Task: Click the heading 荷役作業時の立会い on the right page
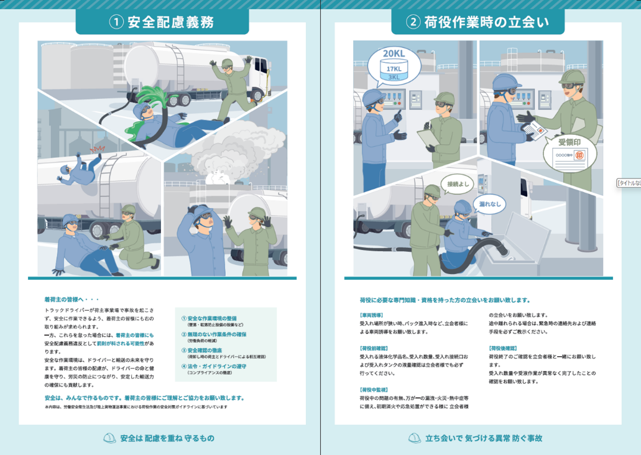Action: click(x=486, y=22)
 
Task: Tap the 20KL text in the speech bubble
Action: click(x=393, y=53)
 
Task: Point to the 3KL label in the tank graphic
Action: click(x=394, y=77)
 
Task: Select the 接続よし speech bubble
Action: click(x=458, y=184)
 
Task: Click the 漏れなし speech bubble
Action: click(x=490, y=204)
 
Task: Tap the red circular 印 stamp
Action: click(x=579, y=157)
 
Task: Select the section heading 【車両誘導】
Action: click(x=371, y=315)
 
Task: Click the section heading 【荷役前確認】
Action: click(x=373, y=348)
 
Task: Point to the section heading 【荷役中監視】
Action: click(x=373, y=390)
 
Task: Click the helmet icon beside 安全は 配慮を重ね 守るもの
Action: click(x=109, y=438)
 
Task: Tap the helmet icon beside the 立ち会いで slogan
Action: click(x=415, y=438)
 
